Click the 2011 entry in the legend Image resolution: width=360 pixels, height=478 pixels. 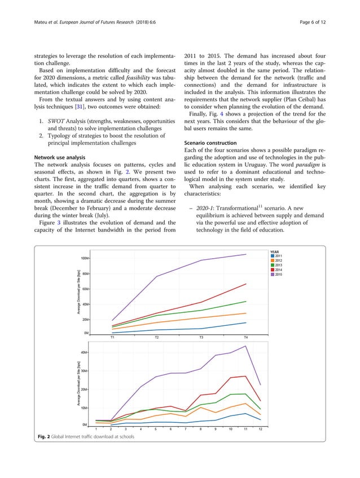click(277, 256)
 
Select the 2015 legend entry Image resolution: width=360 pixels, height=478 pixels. click(277, 275)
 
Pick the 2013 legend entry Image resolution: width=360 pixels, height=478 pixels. click(277, 265)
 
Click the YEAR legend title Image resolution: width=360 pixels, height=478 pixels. click(275, 251)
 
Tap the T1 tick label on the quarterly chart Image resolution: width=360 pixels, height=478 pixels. click(112, 337)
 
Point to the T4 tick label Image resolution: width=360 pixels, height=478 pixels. click(245, 337)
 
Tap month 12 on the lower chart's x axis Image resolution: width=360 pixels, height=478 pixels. click(260, 429)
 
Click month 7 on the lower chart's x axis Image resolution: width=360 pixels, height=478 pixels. click(186, 429)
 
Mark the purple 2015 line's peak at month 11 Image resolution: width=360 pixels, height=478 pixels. click(245, 346)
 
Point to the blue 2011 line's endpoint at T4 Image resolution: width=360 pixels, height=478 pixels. click(245, 322)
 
